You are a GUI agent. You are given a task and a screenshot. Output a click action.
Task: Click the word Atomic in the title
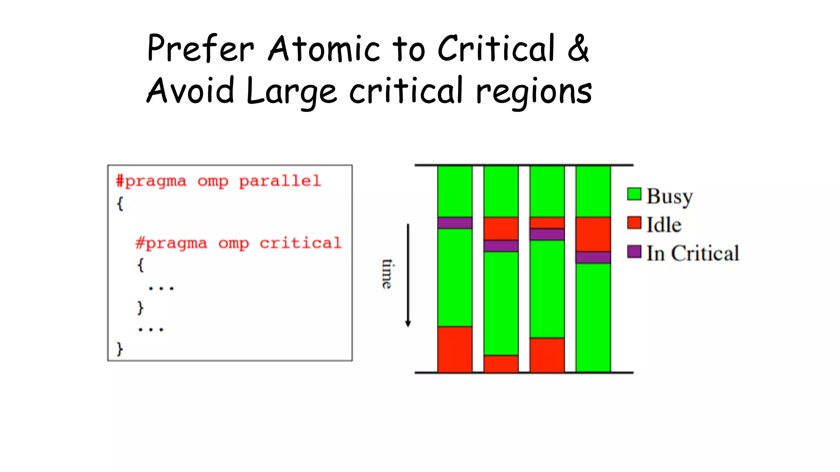click(324, 49)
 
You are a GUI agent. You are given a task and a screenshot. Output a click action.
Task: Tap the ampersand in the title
click(578, 48)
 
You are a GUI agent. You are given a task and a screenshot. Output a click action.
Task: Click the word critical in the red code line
click(300, 243)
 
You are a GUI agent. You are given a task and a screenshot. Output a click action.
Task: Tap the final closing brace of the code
click(120, 349)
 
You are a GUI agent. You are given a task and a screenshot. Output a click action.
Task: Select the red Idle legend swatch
click(634, 223)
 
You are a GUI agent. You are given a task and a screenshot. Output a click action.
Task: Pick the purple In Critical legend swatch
click(634, 252)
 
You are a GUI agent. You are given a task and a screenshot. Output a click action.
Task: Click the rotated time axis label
click(387, 274)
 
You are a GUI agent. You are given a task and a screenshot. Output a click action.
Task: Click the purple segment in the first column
click(455, 223)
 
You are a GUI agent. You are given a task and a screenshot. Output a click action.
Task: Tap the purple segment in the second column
click(501, 246)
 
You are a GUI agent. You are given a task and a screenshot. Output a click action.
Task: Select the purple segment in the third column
click(547, 234)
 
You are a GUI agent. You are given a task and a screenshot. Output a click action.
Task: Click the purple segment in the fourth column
click(593, 257)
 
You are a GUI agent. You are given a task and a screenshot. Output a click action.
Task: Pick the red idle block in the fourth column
click(593, 234)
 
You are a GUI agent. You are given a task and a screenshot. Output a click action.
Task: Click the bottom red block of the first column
click(455, 349)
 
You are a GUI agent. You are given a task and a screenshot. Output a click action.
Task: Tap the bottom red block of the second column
click(501, 363)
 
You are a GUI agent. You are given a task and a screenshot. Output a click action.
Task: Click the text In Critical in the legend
click(693, 253)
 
